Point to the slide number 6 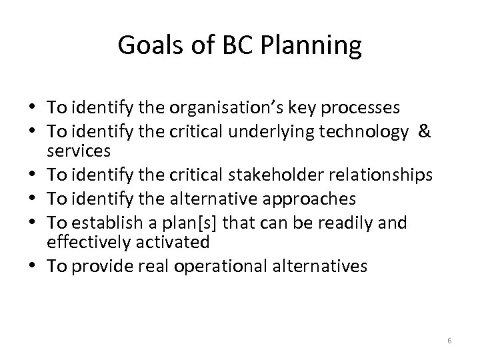tap(449, 341)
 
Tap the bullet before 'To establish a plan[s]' tap(34, 221)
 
